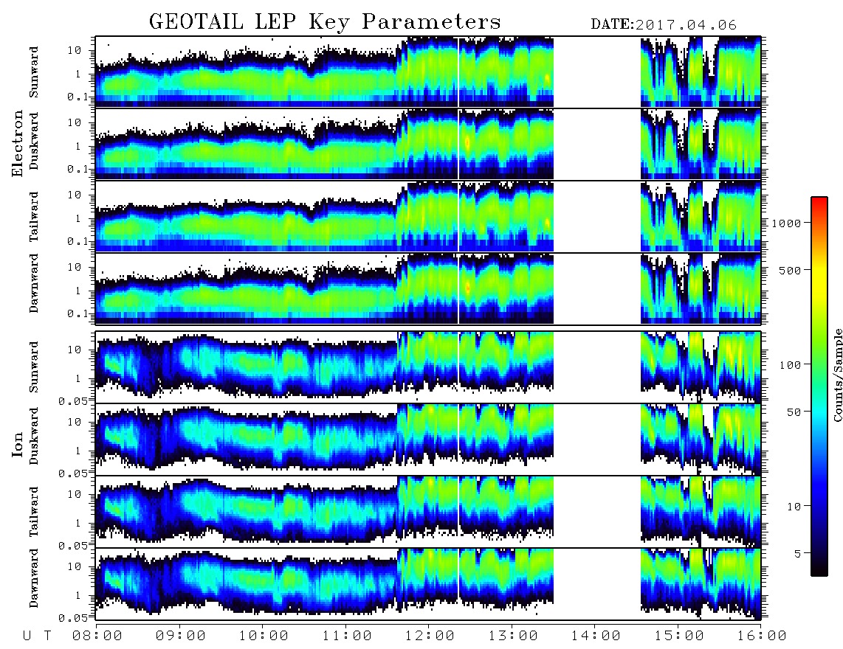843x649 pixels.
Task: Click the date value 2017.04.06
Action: click(x=686, y=25)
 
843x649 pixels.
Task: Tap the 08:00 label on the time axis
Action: click(x=97, y=636)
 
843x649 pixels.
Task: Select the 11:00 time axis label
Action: click(x=347, y=636)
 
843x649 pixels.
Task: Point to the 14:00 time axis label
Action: click(x=596, y=636)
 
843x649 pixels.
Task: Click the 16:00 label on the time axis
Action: click(x=762, y=636)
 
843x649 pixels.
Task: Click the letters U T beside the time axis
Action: click(x=37, y=636)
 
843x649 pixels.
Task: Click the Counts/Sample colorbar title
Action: click(x=837, y=375)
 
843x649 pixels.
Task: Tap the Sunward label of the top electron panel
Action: click(x=34, y=72)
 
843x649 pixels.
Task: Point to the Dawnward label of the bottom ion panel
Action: click(x=34, y=577)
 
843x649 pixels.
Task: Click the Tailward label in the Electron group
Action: click(x=34, y=217)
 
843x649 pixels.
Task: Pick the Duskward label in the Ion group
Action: click(x=34, y=436)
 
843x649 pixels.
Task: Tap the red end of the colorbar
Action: click(x=819, y=200)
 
